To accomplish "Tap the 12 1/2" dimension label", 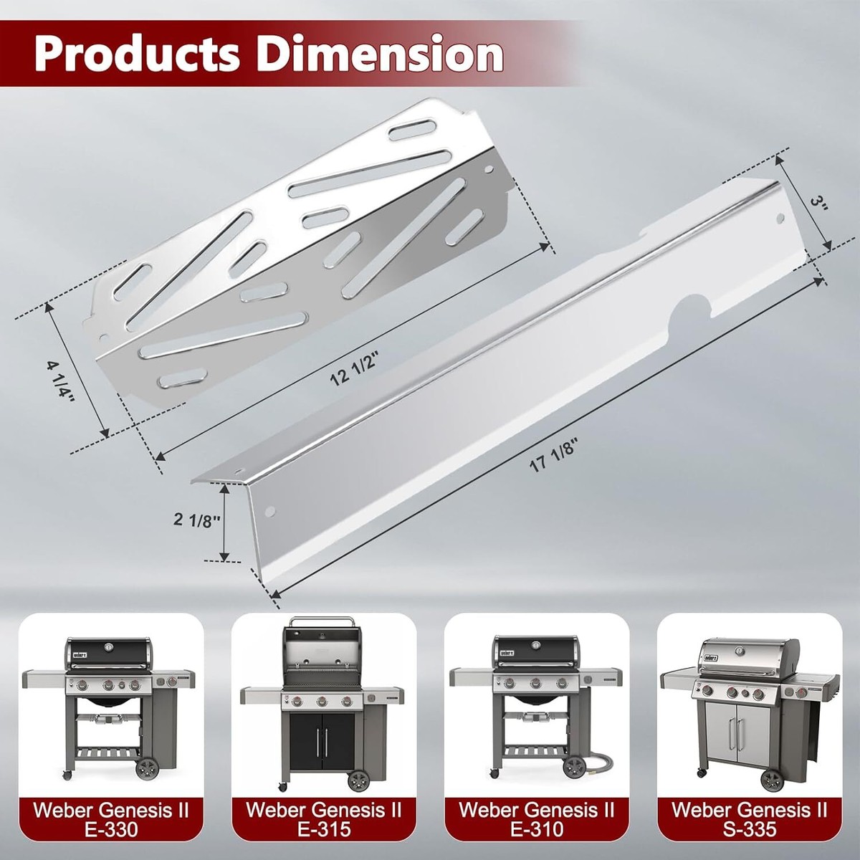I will [353, 369].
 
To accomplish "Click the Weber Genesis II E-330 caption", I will [111, 819].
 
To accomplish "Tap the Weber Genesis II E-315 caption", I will [324, 819].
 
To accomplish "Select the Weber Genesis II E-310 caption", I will [537, 819].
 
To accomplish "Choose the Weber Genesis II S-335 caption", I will [750, 819].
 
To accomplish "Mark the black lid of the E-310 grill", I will [534, 651].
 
